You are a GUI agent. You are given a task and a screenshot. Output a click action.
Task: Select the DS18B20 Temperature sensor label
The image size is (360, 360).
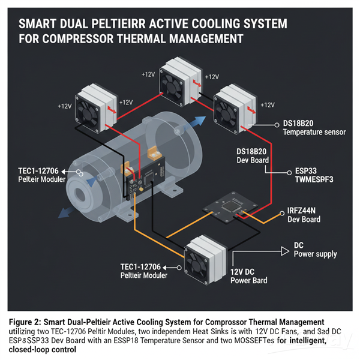tap(313, 127)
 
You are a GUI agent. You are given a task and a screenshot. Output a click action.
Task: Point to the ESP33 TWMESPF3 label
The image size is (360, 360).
tap(309, 175)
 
